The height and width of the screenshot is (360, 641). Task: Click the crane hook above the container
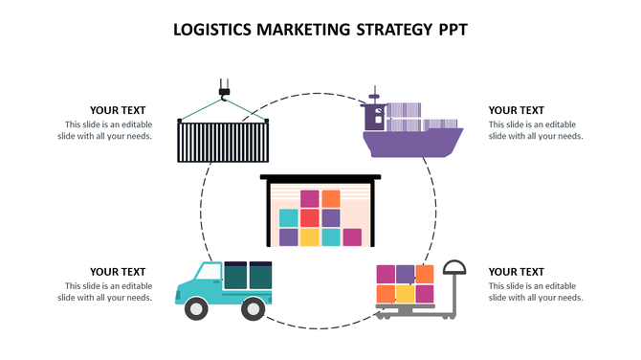pyautogui.click(x=224, y=93)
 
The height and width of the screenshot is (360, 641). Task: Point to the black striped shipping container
pyautogui.click(x=223, y=142)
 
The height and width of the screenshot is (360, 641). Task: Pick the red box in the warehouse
pyautogui.click(x=309, y=217)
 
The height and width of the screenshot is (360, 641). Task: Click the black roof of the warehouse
pyautogui.click(x=320, y=178)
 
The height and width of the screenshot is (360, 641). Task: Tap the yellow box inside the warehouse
pyautogui.click(x=309, y=236)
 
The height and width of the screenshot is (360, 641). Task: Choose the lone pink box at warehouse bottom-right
pyautogui.click(x=352, y=236)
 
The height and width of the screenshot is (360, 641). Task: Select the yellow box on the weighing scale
pyautogui.click(x=406, y=293)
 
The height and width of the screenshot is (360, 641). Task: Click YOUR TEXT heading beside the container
pyautogui.click(x=118, y=111)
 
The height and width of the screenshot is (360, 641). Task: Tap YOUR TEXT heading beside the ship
pyautogui.click(x=516, y=111)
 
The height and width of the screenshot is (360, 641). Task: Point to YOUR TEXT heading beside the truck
pyautogui.click(x=118, y=272)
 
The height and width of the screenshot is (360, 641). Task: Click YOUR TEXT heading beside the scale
pyautogui.click(x=516, y=272)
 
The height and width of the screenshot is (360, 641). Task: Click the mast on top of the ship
pyautogui.click(x=375, y=96)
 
